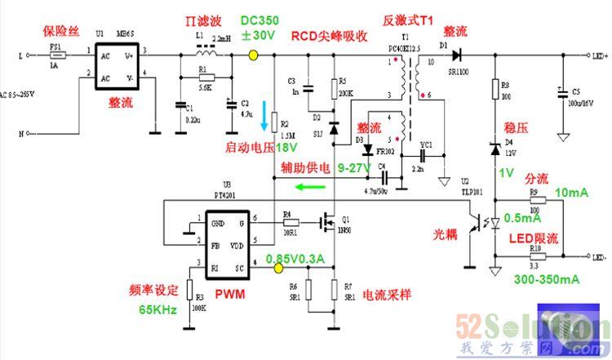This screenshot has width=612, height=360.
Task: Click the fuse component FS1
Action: (x=56, y=56)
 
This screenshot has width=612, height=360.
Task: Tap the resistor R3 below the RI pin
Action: (x=189, y=291)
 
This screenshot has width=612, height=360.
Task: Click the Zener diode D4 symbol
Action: (x=494, y=148)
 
